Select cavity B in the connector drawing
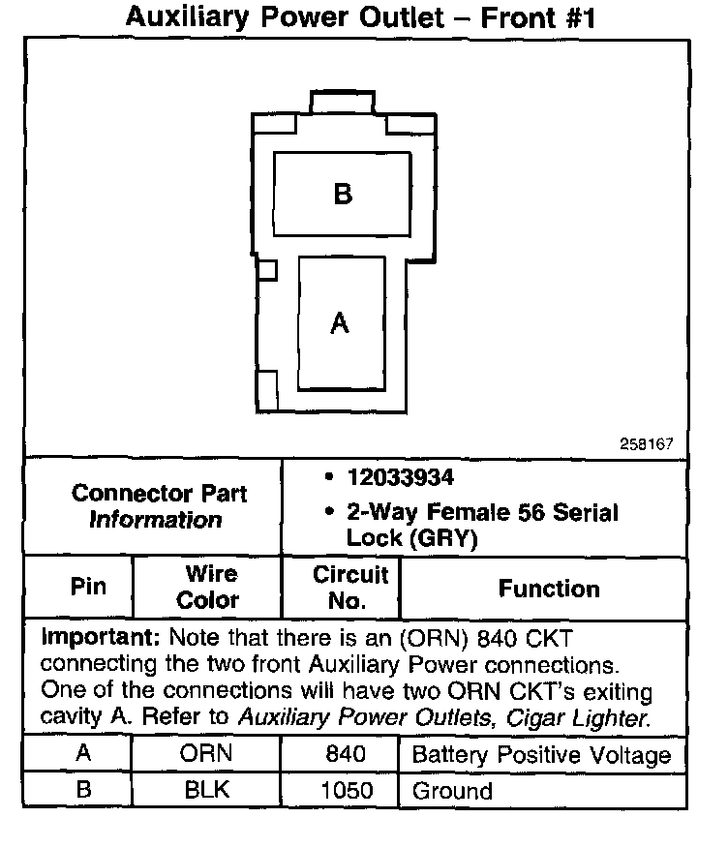[x=342, y=194]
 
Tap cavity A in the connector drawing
[x=339, y=322]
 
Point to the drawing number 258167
[x=647, y=443]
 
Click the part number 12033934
[x=400, y=478]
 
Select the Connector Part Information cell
[x=159, y=506]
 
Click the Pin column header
[x=88, y=587]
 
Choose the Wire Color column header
[x=207, y=587]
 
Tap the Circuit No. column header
[x=349, y=587]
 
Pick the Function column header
[x=548, y=589]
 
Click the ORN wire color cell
[x=207, y=754]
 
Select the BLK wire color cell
[x=207, y=790]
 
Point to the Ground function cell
[x=452, y=791]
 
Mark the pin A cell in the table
[x=84, y=754]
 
